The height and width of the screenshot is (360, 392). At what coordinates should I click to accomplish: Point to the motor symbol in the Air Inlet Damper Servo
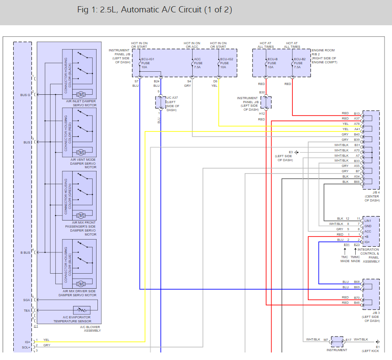[x=81, y=94]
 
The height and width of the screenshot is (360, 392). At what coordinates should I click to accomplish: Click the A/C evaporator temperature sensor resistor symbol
[x=82, y=310]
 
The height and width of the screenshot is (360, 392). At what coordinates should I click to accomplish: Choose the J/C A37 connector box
[x=160, y=102]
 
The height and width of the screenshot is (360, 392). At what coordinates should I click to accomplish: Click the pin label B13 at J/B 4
[x=357, y=113]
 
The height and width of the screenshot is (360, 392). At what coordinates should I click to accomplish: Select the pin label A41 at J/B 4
[x=357, y=129]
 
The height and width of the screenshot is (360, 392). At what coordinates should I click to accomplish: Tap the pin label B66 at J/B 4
[x=357, y=182]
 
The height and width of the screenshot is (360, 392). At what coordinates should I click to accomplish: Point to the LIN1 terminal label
[x=368, y=221]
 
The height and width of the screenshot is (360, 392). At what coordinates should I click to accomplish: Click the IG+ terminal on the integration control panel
[x=367, y=242]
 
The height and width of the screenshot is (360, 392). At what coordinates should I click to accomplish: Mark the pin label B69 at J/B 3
[x=357, y=287]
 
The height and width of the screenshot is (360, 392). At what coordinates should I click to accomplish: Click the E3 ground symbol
[x=296, y=152]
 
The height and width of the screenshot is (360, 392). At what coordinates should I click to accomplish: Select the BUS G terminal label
[x=25, y=95]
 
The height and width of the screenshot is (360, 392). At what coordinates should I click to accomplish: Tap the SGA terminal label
[x=27, y=300]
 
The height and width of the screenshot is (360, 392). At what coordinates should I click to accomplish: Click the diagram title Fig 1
[x=155, y=10]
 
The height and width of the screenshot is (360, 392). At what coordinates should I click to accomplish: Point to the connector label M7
[x=326, y=340]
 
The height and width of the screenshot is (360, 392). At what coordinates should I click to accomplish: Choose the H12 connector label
[x=262, y=113]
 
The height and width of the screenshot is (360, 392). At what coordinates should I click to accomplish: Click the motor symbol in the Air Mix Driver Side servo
[x=81, y=284]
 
